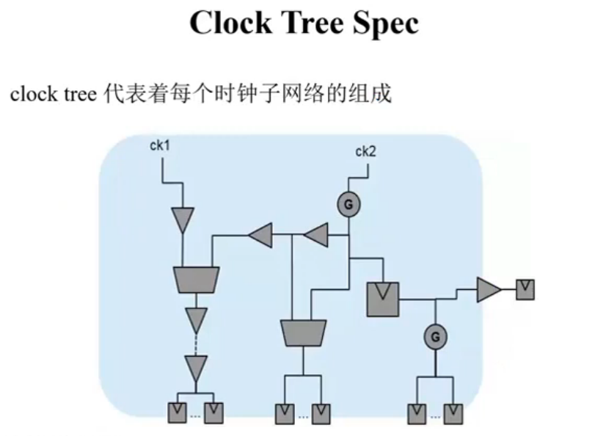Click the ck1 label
pos(160,146)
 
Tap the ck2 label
pos(365,151)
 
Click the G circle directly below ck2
pos(348,205)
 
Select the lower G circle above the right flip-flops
pos(436,337)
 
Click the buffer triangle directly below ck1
pos(183,219)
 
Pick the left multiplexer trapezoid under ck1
pos(197,280)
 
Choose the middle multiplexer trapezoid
pos(304,333)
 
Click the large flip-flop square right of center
pos(383,299)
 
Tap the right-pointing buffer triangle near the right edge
pos(489,289)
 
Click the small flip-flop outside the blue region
pos(525,290)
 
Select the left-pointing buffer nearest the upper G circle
pos(316,235)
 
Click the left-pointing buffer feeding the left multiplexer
pos(260,235)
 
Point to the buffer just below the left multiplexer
pos(197,319)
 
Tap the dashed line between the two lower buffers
pos(197,344)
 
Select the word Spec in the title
pos(386,24)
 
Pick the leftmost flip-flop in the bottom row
pos(177,413)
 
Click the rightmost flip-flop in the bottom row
pos(453,414)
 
